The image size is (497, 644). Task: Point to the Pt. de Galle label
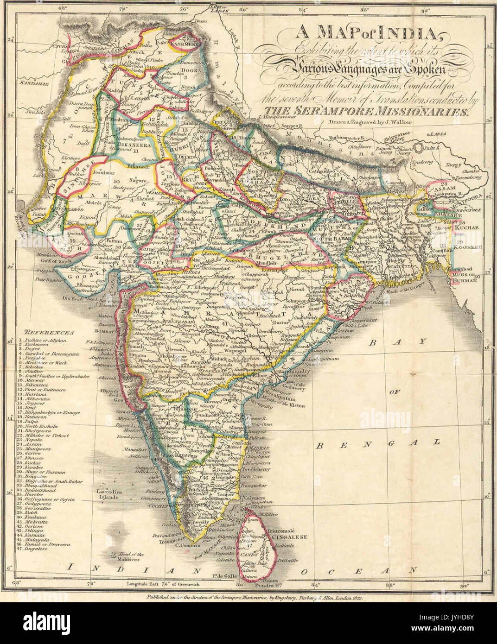click(223, 576)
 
